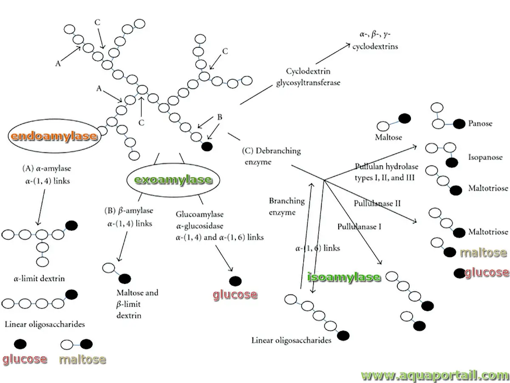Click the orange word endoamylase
tap(53, 137)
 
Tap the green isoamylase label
tap(343, 277)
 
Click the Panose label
tap(480, 123)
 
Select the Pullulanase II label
tap(377, 203)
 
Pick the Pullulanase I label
tap(359, 226)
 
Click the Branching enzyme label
tap(287, 206)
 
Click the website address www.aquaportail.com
tap(434, 375)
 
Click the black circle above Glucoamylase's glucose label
tap(235, 281)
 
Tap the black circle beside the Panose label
tap(459, 124)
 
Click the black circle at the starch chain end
tap(207, 146)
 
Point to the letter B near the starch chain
tap(219, 117)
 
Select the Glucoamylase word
tap(199, 214)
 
